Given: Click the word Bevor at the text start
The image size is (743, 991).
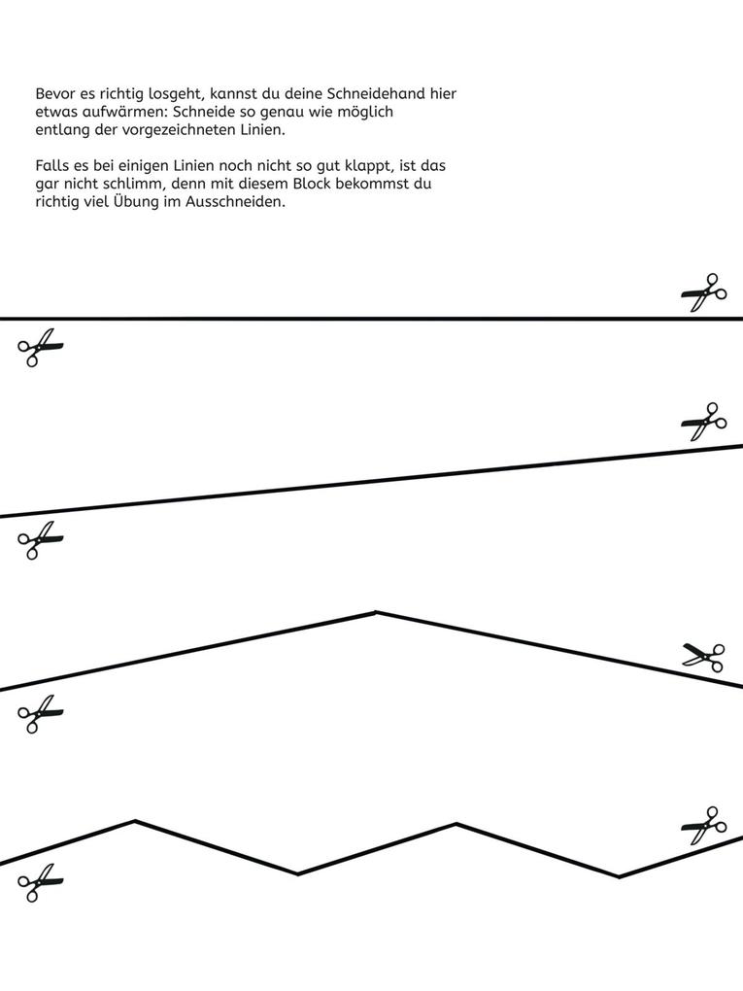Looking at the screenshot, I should tap(54, 94).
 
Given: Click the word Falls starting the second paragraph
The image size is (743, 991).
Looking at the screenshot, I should tap(51, 166).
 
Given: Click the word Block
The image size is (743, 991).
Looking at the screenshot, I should tap(311, 184).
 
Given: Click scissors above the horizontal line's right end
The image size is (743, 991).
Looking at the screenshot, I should tap(704, 291).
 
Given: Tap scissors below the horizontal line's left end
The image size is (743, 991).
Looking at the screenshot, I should tap(40, 347).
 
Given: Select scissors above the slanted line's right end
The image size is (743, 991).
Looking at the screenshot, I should tap(704, 422).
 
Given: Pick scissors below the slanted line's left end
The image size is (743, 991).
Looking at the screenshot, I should tap(40, 540).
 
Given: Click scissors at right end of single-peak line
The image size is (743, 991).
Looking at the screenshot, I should tap(704, 657).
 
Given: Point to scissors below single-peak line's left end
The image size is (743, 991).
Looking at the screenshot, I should tap(40, 713).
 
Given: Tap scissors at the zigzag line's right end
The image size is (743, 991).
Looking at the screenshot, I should tap(704, 826).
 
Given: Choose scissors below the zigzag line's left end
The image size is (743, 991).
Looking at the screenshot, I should tap(40, 883).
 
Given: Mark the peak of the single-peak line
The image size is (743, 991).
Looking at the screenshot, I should tap(376, 612).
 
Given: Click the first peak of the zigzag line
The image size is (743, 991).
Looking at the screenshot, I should tap(135, 821).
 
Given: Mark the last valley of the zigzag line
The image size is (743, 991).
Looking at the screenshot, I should tap(619, 876).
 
